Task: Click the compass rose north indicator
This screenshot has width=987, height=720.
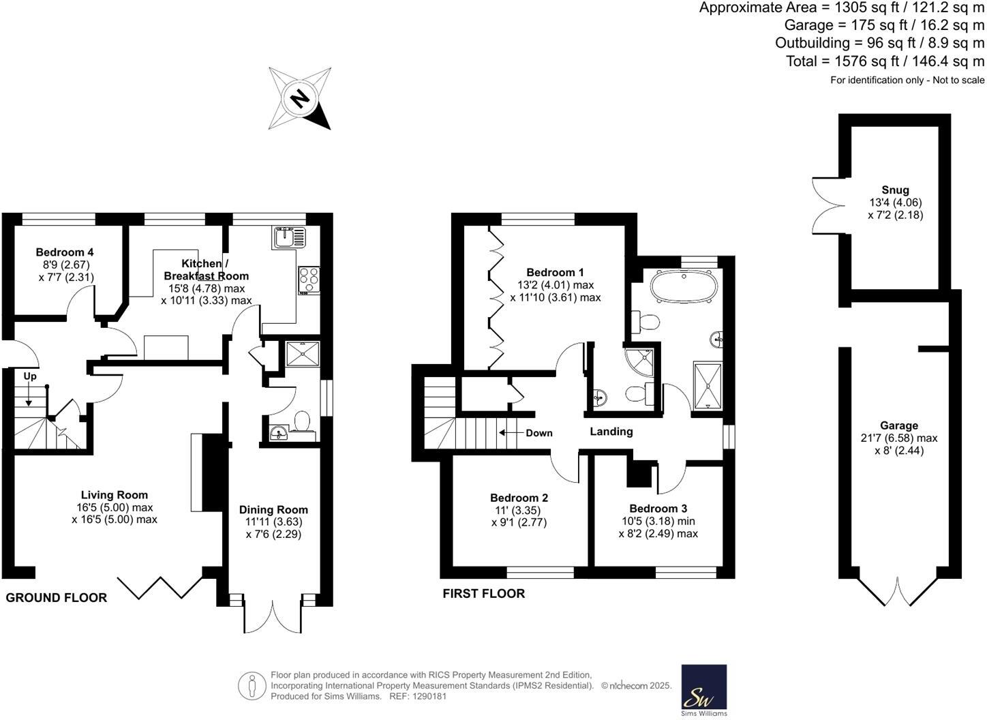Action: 299,98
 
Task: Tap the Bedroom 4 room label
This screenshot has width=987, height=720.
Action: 65,252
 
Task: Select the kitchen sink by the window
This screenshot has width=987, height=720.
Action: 291,237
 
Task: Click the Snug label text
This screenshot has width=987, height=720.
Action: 894,190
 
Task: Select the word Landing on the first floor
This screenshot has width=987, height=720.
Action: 611,432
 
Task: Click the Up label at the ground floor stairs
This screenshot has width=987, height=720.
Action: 30,376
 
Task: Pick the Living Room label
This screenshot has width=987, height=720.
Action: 114,495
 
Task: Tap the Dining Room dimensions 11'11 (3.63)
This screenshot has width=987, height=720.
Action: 273,522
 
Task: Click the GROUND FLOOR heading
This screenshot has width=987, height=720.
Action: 57,598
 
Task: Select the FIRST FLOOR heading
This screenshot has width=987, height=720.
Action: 483,594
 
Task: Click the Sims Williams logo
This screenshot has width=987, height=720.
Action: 703,690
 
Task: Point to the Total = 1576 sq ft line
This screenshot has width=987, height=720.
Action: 884,61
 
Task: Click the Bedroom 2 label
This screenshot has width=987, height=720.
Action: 519,498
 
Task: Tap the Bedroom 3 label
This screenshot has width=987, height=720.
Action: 658,509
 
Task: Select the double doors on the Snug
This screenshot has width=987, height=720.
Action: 825,202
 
